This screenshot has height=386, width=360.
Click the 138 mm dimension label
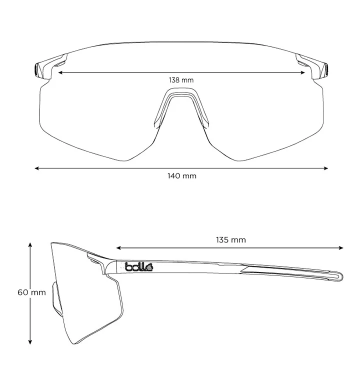click(181, 80)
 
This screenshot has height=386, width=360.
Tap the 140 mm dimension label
click(182, 176)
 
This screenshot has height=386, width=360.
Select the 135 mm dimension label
click(231, 240)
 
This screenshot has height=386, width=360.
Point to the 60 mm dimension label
click(32, 292)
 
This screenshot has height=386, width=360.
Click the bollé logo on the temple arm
click(139, 267)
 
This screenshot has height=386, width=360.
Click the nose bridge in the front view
click(181, 95)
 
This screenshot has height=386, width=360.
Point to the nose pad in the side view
click(57, 299)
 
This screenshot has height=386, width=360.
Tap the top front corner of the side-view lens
click(51, 243)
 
